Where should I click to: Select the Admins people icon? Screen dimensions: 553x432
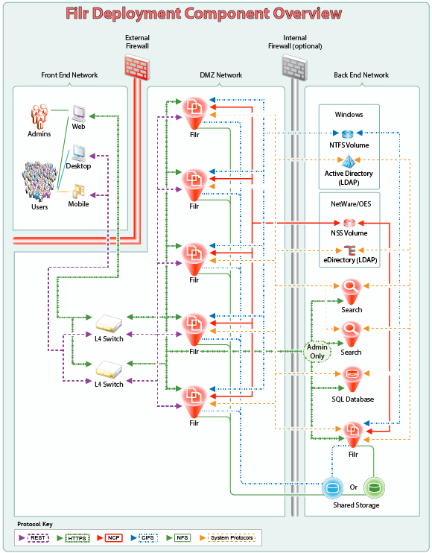point(39,117)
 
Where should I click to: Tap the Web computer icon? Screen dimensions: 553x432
point(79,113)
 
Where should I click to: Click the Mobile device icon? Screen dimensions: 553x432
point(78,191)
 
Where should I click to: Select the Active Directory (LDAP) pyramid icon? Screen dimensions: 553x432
point(349,160)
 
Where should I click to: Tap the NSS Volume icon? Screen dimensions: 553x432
point(349,222)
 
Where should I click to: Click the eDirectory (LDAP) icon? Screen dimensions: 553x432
point(349,249)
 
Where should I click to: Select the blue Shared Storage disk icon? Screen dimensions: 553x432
point(333,488)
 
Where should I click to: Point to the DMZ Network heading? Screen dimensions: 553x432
point(216,75)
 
